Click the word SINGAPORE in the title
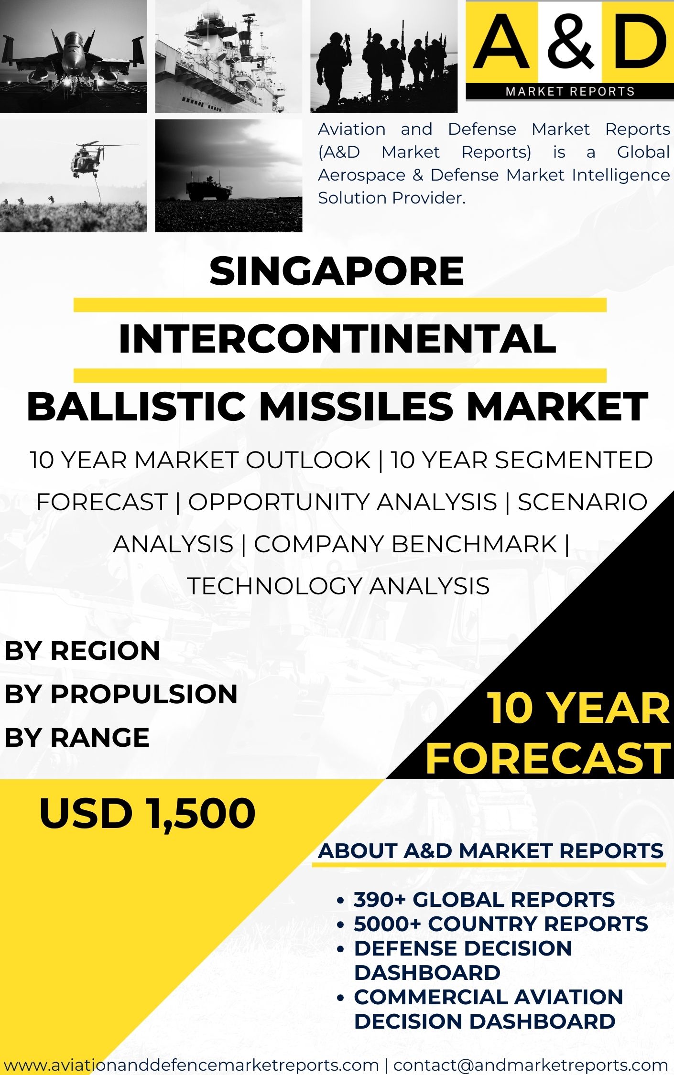(337, 271)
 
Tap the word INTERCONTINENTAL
(337, 339)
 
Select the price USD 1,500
(148, 813)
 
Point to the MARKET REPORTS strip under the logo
(570, 91)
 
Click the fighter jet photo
(74, 56)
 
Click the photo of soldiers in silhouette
(384, 56)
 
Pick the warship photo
(228, 56)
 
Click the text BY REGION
(82, 651)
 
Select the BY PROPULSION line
(121, 694)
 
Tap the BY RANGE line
(77, 737)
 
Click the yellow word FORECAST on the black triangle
(548, 758)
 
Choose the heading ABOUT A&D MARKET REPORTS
(491, 851)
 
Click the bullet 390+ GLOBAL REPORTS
(484, 899)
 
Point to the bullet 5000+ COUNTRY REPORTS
(501, 924)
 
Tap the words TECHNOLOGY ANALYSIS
(338, 586)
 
